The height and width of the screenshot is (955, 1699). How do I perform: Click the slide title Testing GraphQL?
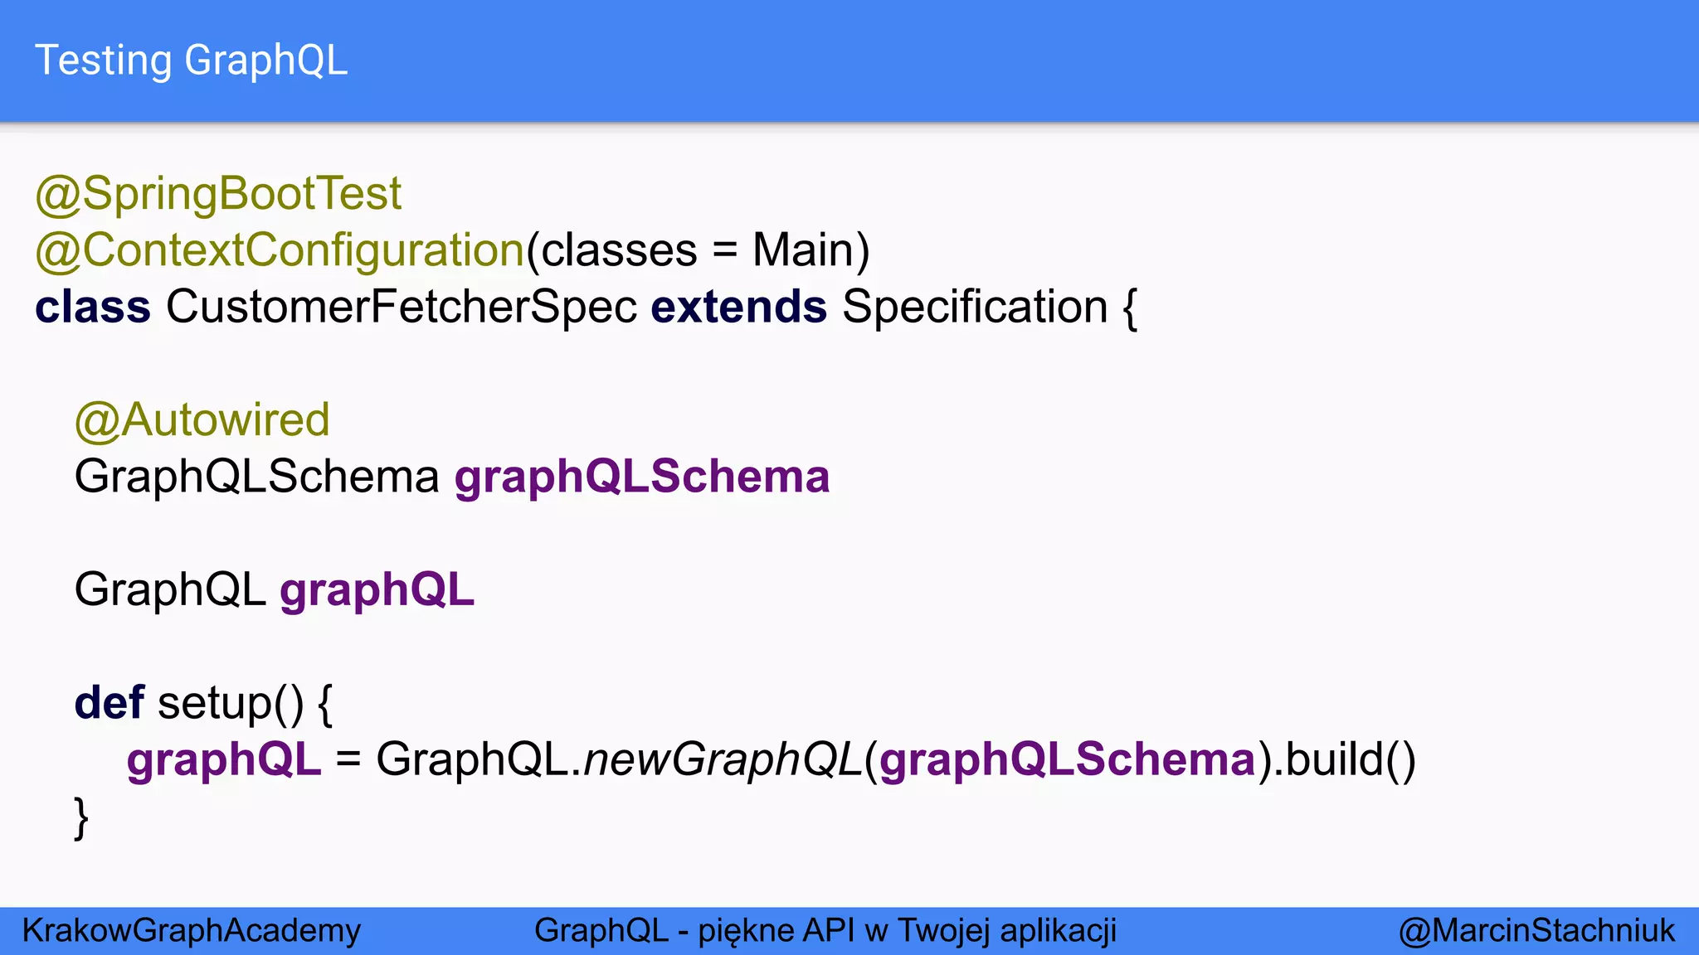[191, 61]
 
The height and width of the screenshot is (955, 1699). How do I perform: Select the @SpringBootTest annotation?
[218, 194]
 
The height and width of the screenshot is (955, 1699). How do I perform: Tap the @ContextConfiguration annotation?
[280, 250]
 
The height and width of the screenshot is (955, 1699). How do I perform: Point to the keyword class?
[93, 307]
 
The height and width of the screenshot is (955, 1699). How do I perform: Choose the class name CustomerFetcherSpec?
[402, 307]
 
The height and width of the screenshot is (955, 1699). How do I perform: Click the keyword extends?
[738, 307]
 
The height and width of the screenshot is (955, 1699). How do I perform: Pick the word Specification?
[975, 307]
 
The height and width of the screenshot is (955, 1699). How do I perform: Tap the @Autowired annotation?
[202, 420]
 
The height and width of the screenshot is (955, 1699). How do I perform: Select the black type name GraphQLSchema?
[256, 477]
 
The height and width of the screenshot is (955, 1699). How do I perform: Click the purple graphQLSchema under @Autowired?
[642, 477]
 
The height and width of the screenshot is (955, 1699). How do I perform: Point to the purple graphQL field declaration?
[377, 589]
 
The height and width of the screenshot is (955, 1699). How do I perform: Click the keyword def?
[110, 703]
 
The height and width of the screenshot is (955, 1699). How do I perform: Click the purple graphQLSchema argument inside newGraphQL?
[1068, 759]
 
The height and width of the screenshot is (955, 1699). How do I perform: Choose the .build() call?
[1344, 759]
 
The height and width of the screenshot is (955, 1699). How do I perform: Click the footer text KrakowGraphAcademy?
[192, 930]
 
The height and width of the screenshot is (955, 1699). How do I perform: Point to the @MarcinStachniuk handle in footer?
[1536, 930]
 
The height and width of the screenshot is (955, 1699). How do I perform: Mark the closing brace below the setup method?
[81, 817]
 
